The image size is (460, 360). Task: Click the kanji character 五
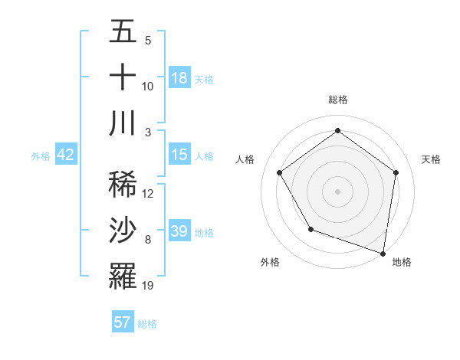[123, 33]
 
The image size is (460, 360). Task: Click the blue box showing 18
[179, 78]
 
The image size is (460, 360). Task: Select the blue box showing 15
[179, 155]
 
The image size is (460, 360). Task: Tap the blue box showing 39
[179, 231]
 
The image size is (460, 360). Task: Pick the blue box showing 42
[66, 155]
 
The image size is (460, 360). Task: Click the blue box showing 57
[123, 322]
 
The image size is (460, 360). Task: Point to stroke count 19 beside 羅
[148, 286]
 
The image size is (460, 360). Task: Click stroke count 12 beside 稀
[148, 194]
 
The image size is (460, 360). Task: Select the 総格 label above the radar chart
[337, 100]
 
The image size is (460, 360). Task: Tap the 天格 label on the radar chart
[431, 159]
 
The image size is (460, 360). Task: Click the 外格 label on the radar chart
[270, 262]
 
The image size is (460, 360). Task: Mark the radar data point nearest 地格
[383, 252]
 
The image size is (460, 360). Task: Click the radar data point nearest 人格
[280, 172]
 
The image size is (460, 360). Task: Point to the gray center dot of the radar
[337, 191]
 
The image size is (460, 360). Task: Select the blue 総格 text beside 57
[147, 323]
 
